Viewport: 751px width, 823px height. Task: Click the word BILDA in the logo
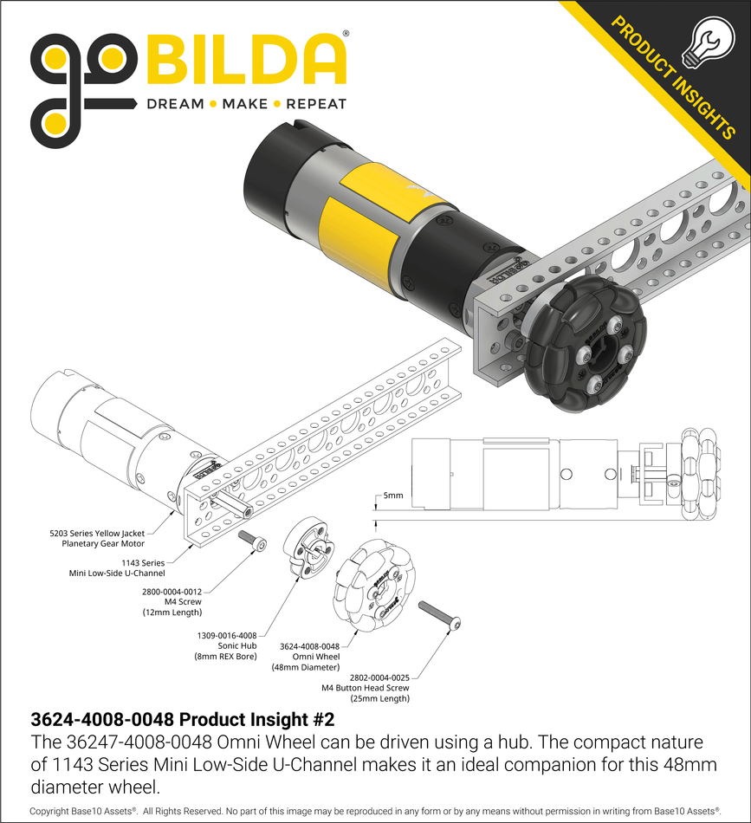pos(246,62)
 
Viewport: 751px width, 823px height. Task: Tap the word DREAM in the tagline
pos(175,104)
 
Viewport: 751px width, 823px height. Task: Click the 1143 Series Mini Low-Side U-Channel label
pos(117,567)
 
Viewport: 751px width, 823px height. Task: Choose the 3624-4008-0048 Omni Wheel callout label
pos(309,657)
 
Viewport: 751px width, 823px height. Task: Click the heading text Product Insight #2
pos(181,719)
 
